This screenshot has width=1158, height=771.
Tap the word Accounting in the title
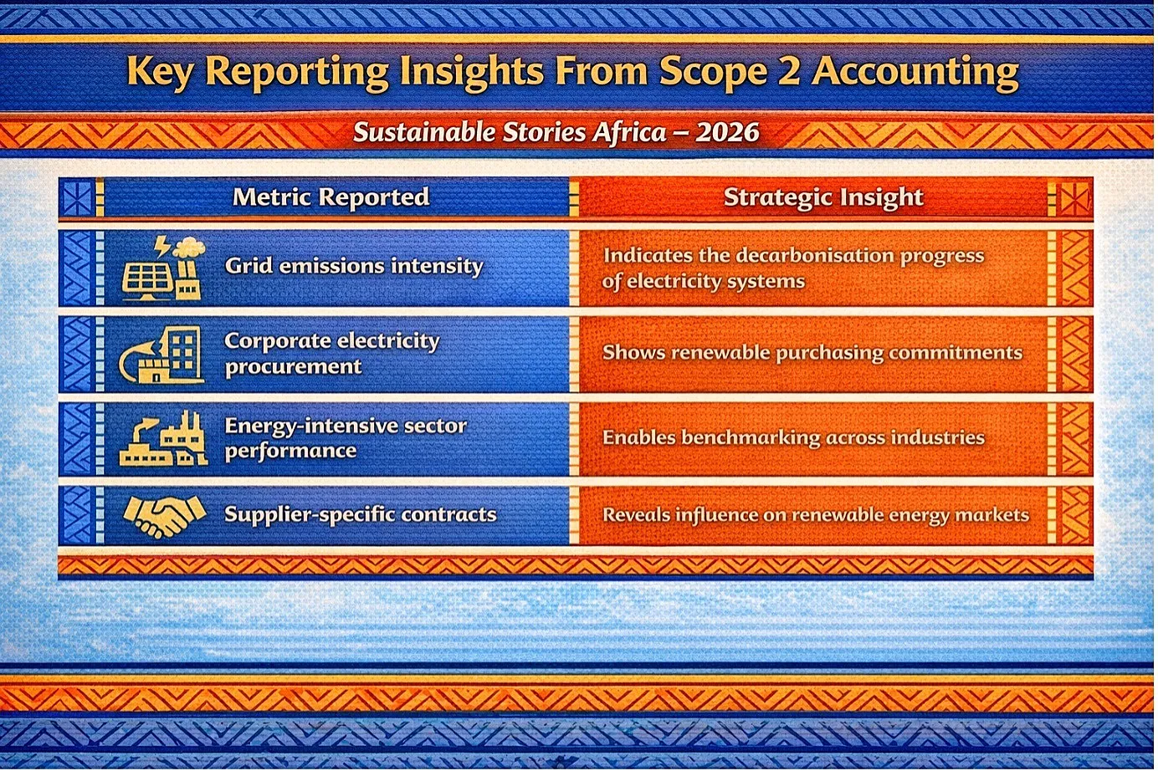click(x=915, y=74)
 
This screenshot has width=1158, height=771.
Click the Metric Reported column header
click(x=330, y=197)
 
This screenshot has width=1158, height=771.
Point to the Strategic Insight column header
click(x=823, y=197)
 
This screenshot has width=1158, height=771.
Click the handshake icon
click(x=164, y=516)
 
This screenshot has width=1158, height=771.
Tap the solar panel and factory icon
click(x=163, y=268)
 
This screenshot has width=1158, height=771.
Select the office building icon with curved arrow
click(x=161, y=355)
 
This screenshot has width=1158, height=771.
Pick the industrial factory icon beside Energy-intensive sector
click(x=163, y=439)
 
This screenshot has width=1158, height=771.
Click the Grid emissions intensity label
click(x=354, y=266)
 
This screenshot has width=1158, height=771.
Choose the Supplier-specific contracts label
click(x=361, y=514)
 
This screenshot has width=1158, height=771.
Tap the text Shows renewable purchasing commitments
click(x=812, y=353)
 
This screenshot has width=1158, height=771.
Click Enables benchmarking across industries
click(x=793, y=438)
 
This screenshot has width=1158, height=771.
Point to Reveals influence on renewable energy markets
click(x=816, y=516)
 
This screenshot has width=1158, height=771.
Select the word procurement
click(x=293, y=367)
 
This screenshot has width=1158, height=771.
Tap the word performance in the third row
click(x=290, y=452)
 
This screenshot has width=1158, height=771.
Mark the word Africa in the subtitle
click(x=629, y=132)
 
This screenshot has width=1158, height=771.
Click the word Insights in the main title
click(x=472, y=74)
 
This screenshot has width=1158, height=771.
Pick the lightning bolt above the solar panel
click(x=162, y=246)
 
